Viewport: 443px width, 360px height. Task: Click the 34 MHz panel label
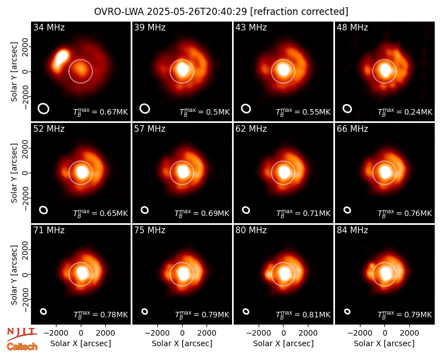(49, 27)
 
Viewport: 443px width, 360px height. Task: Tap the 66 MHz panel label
(352, 129)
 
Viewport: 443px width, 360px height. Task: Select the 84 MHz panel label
(352, 230)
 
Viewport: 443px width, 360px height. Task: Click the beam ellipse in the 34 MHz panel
(44, 109)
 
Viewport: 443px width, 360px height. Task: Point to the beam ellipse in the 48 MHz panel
(347, 109)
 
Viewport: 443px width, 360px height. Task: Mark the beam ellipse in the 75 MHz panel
(145, 311)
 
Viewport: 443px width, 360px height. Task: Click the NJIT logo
(22, 333)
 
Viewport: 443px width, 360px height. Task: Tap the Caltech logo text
(22, 347)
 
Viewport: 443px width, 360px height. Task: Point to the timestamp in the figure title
(197, 12)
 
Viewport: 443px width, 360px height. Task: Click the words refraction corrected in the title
(299, 12)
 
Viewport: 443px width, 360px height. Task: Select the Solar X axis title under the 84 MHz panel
(384, 343)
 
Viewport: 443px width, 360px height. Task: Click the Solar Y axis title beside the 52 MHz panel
(14, 173)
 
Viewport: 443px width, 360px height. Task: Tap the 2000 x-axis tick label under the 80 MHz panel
(308, 333)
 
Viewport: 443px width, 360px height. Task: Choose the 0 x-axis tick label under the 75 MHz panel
(182, 333)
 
